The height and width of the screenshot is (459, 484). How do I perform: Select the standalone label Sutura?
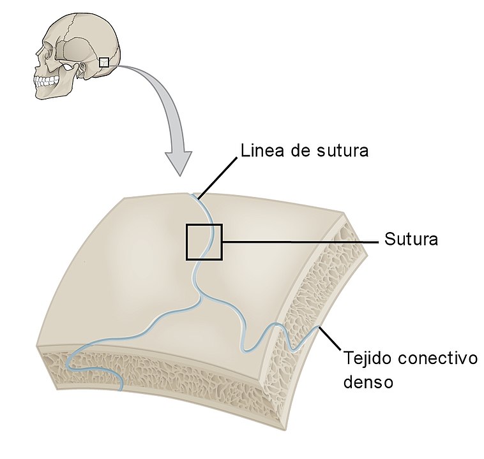[x=411, y=240]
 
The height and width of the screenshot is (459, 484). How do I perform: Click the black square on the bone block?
[x=204, y=242]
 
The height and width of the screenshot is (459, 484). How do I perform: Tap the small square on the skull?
[x=103, y=62]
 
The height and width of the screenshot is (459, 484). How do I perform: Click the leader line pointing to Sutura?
[x=300, y=241]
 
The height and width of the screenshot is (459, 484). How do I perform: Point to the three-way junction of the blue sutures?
[x=201, y=299]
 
